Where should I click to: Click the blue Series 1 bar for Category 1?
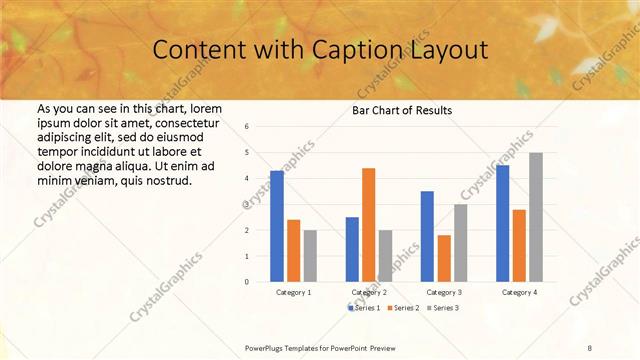point(277,226)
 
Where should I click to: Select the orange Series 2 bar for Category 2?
point(368,225)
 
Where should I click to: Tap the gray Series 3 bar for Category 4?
point(536,217)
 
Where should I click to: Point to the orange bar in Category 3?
point(444,258)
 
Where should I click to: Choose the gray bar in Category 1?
point(310,255)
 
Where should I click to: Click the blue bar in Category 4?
point(502,223)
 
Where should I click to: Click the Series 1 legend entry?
point(365,307)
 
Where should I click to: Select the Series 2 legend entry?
point(403,307)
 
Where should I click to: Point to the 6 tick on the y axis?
point(246,127)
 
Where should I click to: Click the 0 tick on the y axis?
point(246,282)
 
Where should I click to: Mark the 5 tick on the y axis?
point(246,153)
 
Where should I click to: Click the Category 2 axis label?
point(369,292)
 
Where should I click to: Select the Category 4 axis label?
point(519,292)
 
